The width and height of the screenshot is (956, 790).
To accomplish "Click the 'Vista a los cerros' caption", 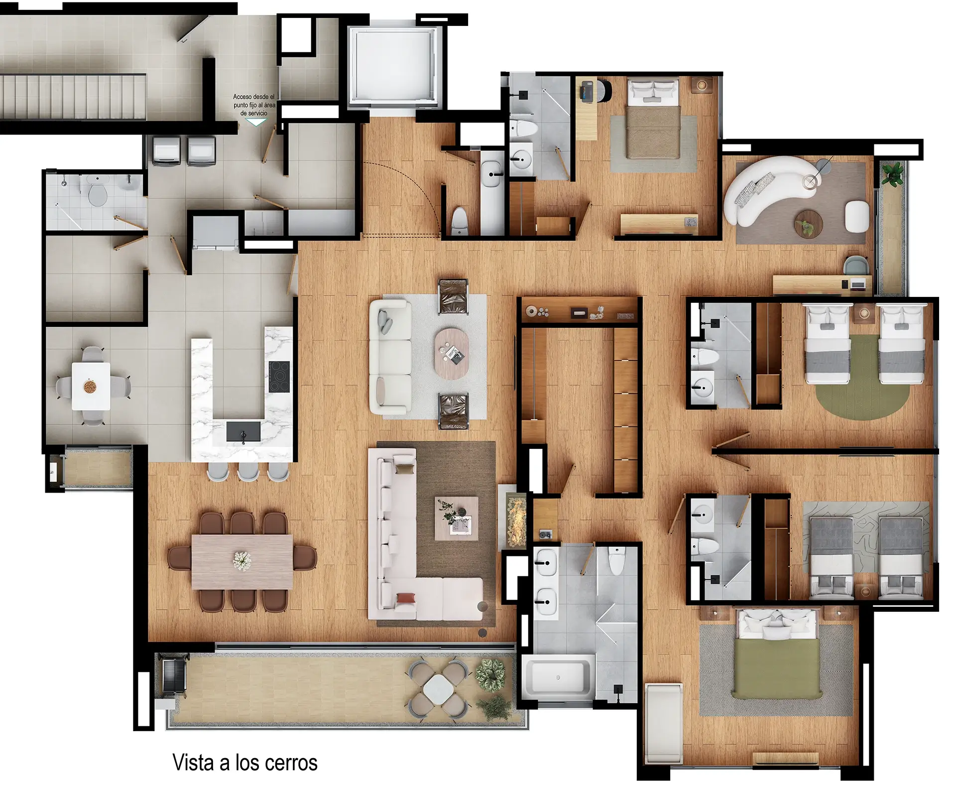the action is coord(244,763).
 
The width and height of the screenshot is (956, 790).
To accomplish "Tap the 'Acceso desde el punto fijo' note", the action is coord(254,105).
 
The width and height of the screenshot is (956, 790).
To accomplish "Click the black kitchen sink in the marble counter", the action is coord(243,431).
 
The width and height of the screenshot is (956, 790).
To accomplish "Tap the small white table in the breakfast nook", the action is coord(91,386).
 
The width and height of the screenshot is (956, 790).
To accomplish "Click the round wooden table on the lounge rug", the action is coord(808,223).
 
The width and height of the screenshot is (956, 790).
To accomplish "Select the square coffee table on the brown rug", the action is coord(456,519).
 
